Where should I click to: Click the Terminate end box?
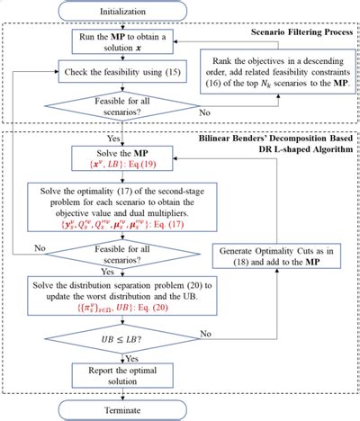(x=121, y=409)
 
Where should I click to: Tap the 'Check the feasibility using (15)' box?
(x=121, y=69)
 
